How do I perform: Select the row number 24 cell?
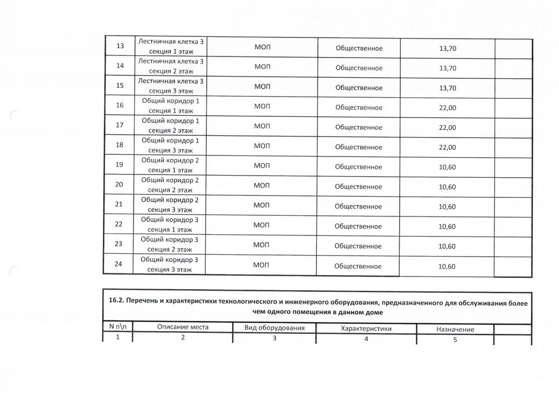coord(119,264)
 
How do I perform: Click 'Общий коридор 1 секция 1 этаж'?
coord(170,106)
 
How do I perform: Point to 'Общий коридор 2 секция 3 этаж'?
coord(170,204)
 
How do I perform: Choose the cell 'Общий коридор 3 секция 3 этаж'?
coord(170,264)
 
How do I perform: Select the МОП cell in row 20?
coord(262,186)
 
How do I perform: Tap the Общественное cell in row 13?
coord(358,48)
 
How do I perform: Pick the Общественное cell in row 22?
coord(358,226)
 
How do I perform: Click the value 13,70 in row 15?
coord(448,88)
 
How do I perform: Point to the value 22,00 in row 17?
coord(448,127)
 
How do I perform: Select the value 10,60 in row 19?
coord(448,167)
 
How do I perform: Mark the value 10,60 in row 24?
coord(448,266)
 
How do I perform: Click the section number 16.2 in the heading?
coord(116,301)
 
